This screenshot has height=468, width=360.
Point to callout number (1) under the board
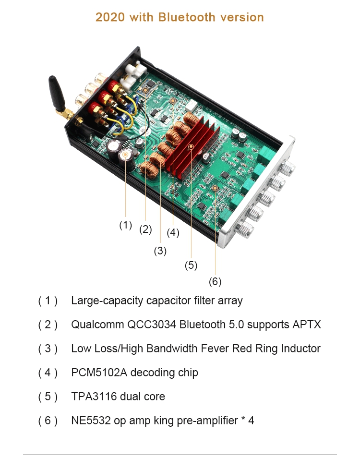(x=125, y=224)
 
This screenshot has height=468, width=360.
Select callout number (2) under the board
(x=145, y=229)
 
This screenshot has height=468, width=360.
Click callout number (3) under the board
(x=160, y=251)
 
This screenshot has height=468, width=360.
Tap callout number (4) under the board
(x=173, y=233)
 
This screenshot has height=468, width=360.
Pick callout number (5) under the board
(x=191, y=265)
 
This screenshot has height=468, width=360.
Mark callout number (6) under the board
(x=215, y=281)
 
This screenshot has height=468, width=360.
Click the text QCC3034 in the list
(x=151, y=324)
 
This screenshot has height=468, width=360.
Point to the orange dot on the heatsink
(x=191, y=147)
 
